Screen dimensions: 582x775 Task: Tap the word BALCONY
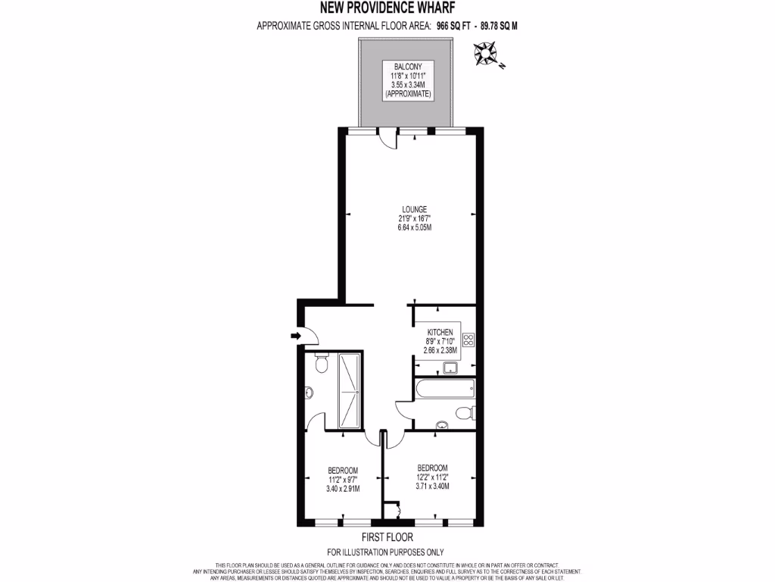coord(397,67)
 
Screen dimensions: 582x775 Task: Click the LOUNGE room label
coord(415,209)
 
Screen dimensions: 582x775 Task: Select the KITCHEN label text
coord(440,333)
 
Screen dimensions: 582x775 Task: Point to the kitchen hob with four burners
coord(468,339)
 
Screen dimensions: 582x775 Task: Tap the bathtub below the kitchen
coord(444,390)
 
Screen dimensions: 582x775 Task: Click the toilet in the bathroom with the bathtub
coord(463,414)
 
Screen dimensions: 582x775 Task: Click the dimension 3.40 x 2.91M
coord(342,490)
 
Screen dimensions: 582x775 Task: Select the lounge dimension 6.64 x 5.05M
coord(415,228)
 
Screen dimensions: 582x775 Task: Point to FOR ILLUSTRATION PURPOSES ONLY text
coord(386,552)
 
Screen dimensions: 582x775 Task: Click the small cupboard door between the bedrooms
coord(393,511)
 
